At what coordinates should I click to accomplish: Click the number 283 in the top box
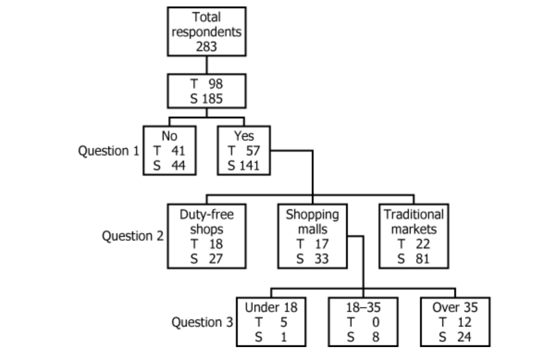(206, 46)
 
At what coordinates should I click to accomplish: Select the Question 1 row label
(108, 151)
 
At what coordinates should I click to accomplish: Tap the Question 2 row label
(132, 236)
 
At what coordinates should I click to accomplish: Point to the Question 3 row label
(202, 322)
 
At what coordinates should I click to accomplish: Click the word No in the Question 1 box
(169, 136)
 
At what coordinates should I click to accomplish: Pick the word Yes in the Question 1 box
(244, 136)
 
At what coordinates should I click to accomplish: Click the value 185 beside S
(212, 99)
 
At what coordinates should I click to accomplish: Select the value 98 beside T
(215, 84)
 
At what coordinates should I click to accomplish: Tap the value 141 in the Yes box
(249, 165)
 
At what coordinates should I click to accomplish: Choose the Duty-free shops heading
(207, 222)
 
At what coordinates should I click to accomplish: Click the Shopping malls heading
(312, 222)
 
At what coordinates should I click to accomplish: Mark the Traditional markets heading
(414, 222)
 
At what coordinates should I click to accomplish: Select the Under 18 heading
(271, 307)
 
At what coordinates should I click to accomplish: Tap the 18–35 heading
(363, 307)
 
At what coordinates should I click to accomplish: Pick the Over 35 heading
(455, 307)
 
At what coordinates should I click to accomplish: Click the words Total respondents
(206, 25)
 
